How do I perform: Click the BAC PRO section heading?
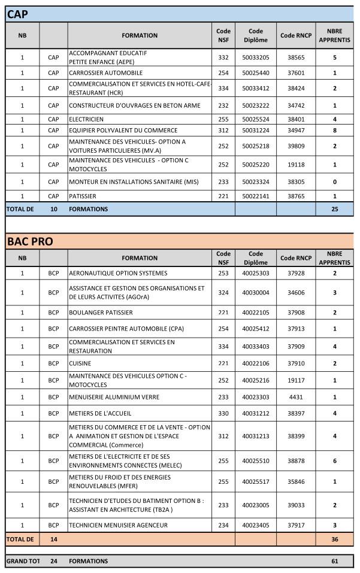click(x=30, y=241)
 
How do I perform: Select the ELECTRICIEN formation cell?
click(x=86, y=119)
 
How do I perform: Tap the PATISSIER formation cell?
click(x=83, y=196)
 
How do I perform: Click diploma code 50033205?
click(x=256, y=57)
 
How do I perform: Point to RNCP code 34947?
click(x=296, y=130)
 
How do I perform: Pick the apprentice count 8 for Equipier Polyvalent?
click(x=335, y=130)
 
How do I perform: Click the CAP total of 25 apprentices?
click(x=335, y=209)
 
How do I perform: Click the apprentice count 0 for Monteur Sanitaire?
click(x=335, y=181)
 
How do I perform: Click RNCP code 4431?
click(x=296, y=396)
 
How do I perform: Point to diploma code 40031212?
click(x=256, y=413)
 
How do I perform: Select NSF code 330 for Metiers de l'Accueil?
click(x=223, y=413)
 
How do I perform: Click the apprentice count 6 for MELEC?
click(x=335, y=461)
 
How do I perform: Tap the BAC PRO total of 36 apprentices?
click(x=335, y=539)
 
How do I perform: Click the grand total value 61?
click(x=335, y=561)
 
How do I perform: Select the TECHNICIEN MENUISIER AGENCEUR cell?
click(x=119, y=525)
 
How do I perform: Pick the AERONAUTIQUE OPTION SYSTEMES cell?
click(x=118, y=273)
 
